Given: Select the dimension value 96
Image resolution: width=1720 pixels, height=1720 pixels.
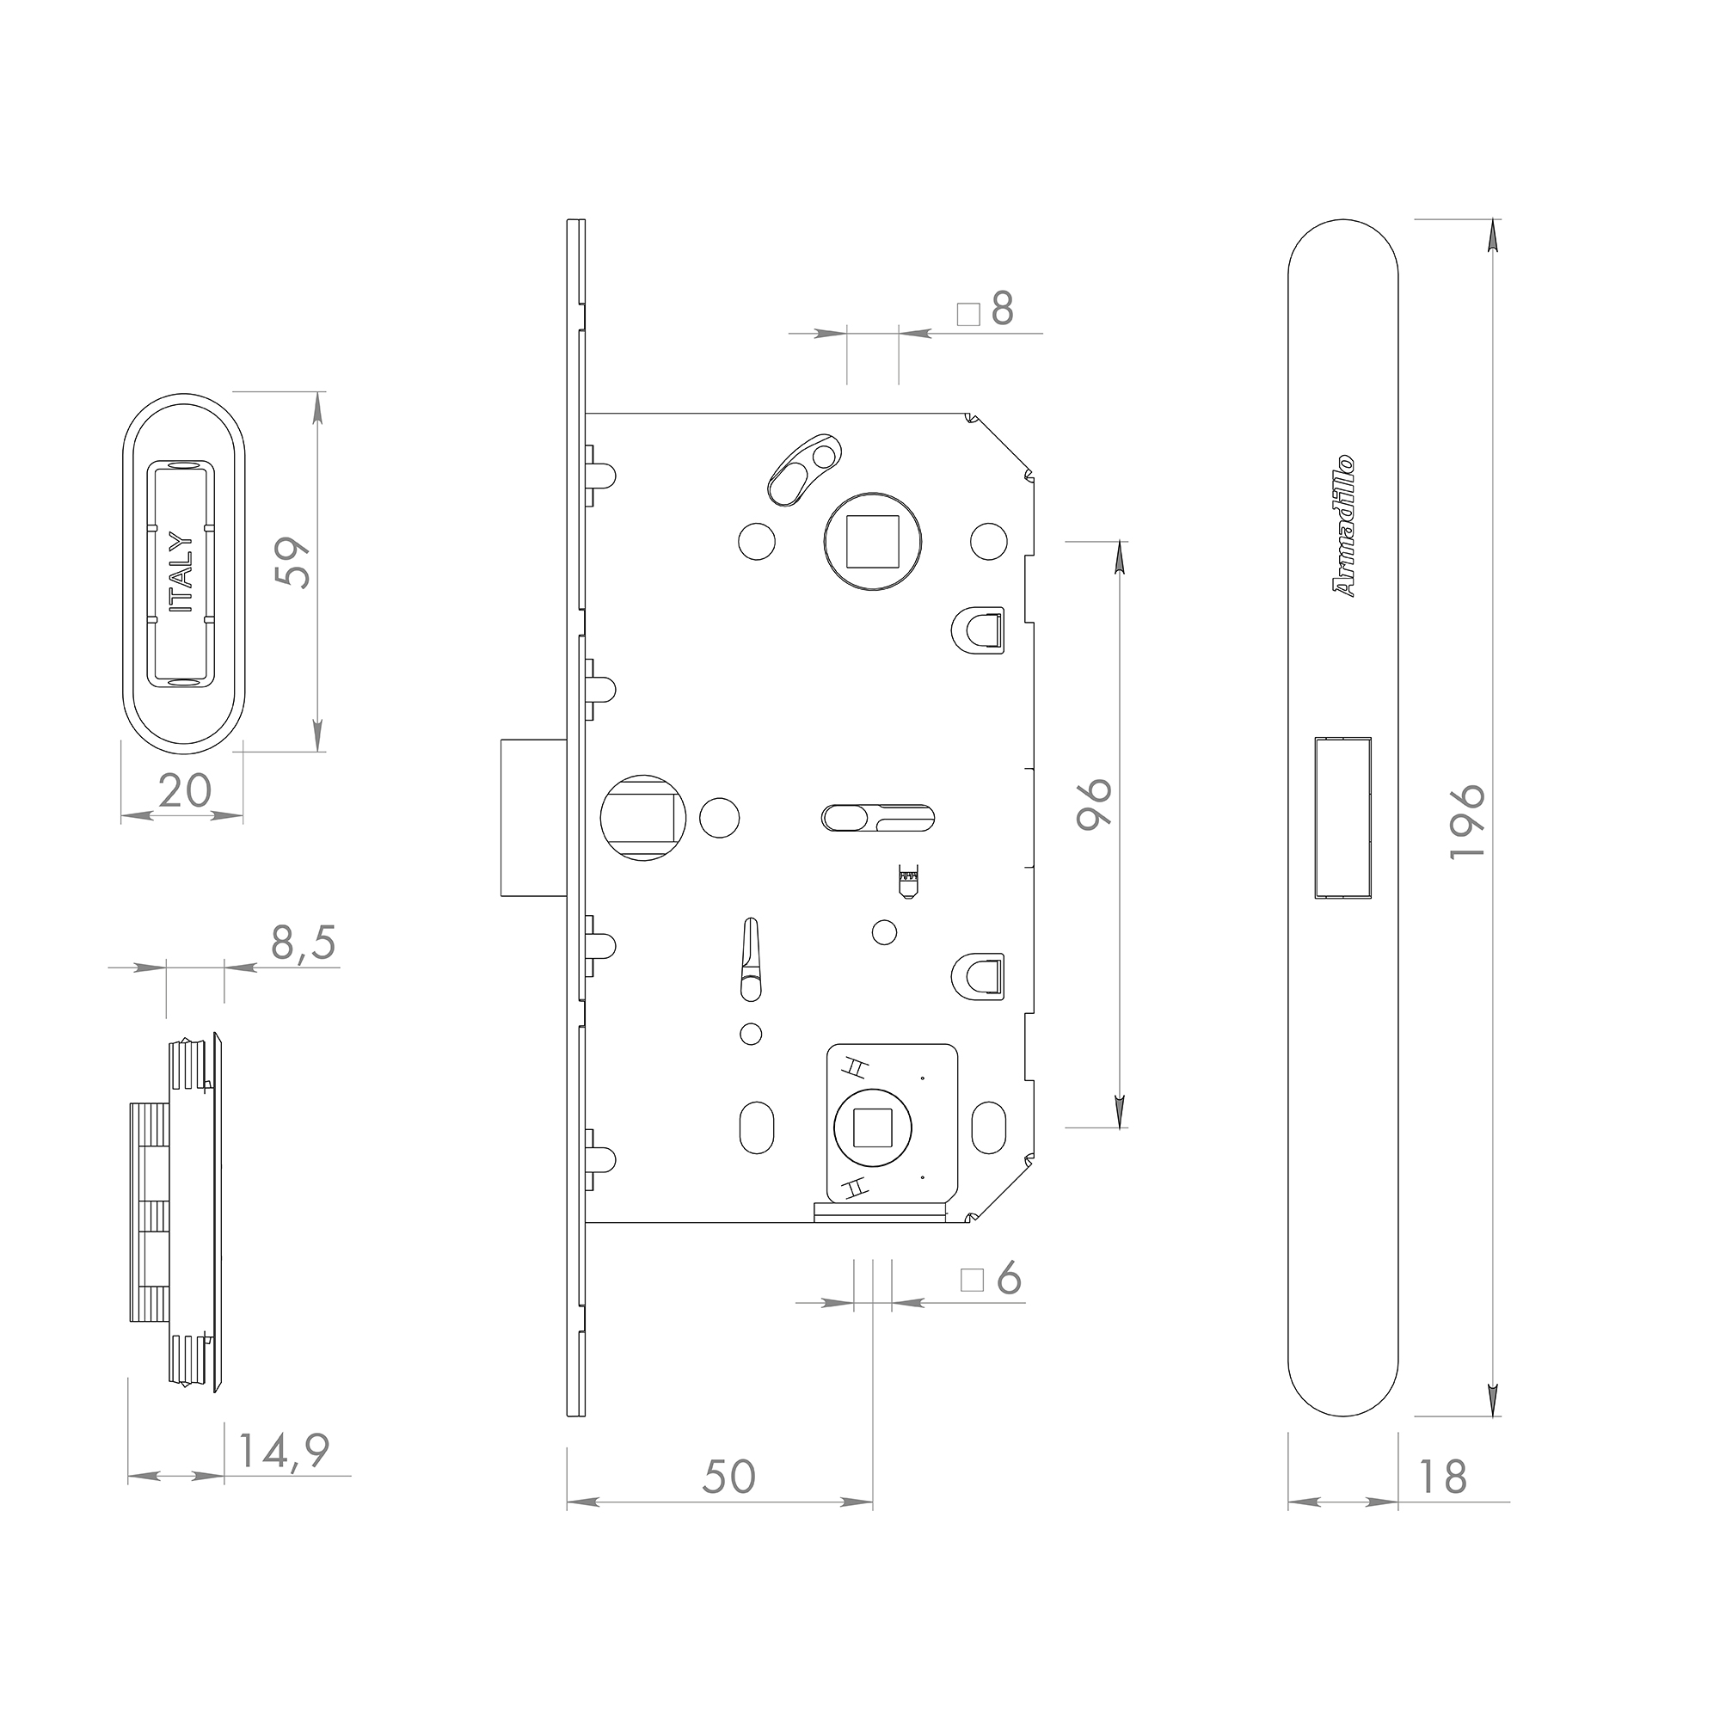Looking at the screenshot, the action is click(x=1094, y=804).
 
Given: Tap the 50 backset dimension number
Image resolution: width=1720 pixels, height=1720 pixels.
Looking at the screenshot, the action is click(x=729, y=1476).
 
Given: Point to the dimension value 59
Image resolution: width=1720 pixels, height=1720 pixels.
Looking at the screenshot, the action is click(x=293, y=562).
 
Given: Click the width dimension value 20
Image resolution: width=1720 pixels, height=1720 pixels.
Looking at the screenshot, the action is click(x=185, y=789).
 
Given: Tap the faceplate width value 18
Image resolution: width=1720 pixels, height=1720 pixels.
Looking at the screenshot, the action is click(x=1441, y=1476).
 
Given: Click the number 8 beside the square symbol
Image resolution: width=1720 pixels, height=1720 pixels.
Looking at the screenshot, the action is click(x=1003, y=309).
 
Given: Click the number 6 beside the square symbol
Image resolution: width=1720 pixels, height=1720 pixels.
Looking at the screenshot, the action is click(x=1009, y=1280).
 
